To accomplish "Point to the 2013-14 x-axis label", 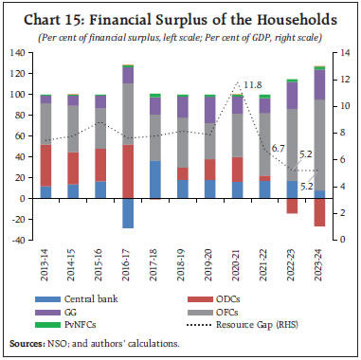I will point(45,263).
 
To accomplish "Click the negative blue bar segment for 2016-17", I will point(127,213).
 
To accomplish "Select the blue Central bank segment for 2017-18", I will point(154,180).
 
